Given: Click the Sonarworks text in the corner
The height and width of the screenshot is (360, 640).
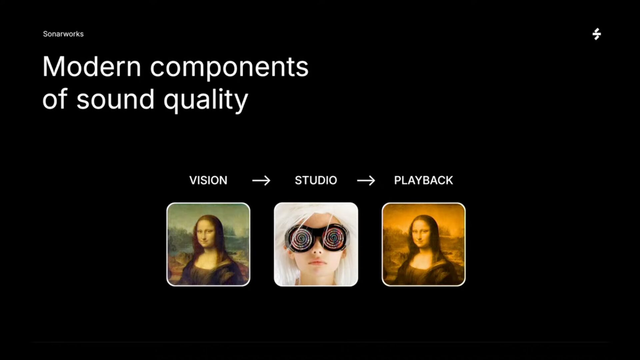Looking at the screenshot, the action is point(63,34).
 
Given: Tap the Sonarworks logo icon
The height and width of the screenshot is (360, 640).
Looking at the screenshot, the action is point(597,34).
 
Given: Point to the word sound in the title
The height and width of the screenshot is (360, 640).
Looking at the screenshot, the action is point(115,99).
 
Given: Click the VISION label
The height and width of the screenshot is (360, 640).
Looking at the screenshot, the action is point(208,180).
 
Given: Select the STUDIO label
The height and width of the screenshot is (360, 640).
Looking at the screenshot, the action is point(316,180).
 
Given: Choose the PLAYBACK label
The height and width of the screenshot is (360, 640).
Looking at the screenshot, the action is point(424,180).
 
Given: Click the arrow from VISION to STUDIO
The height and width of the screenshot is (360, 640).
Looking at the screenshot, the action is point(261,181).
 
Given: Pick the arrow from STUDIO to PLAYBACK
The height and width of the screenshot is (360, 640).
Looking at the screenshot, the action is point(366,181).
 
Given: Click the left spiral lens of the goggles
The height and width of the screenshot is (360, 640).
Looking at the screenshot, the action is point(302,238).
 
